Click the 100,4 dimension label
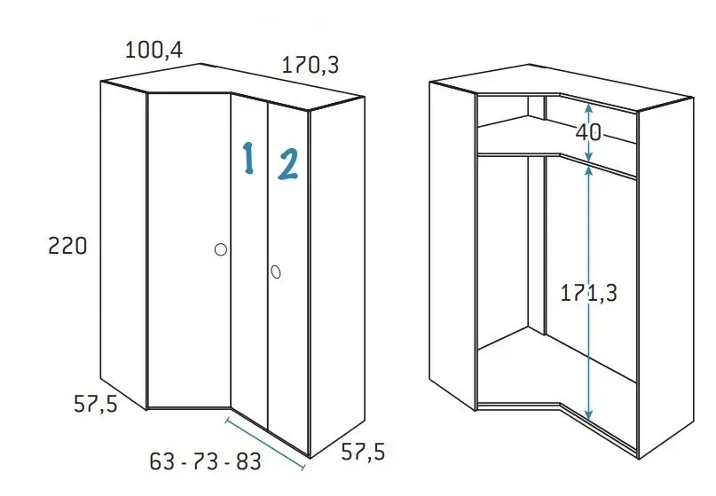153,50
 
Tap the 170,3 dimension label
310,65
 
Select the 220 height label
67,246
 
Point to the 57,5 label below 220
95,404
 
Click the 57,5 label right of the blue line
363,453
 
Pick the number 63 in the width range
162,461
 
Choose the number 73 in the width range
205,461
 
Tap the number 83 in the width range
247,461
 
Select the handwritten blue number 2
288,164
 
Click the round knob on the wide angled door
221,250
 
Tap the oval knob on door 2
276,271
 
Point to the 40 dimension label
587,133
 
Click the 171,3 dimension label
587,294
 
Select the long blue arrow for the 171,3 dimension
589,373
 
